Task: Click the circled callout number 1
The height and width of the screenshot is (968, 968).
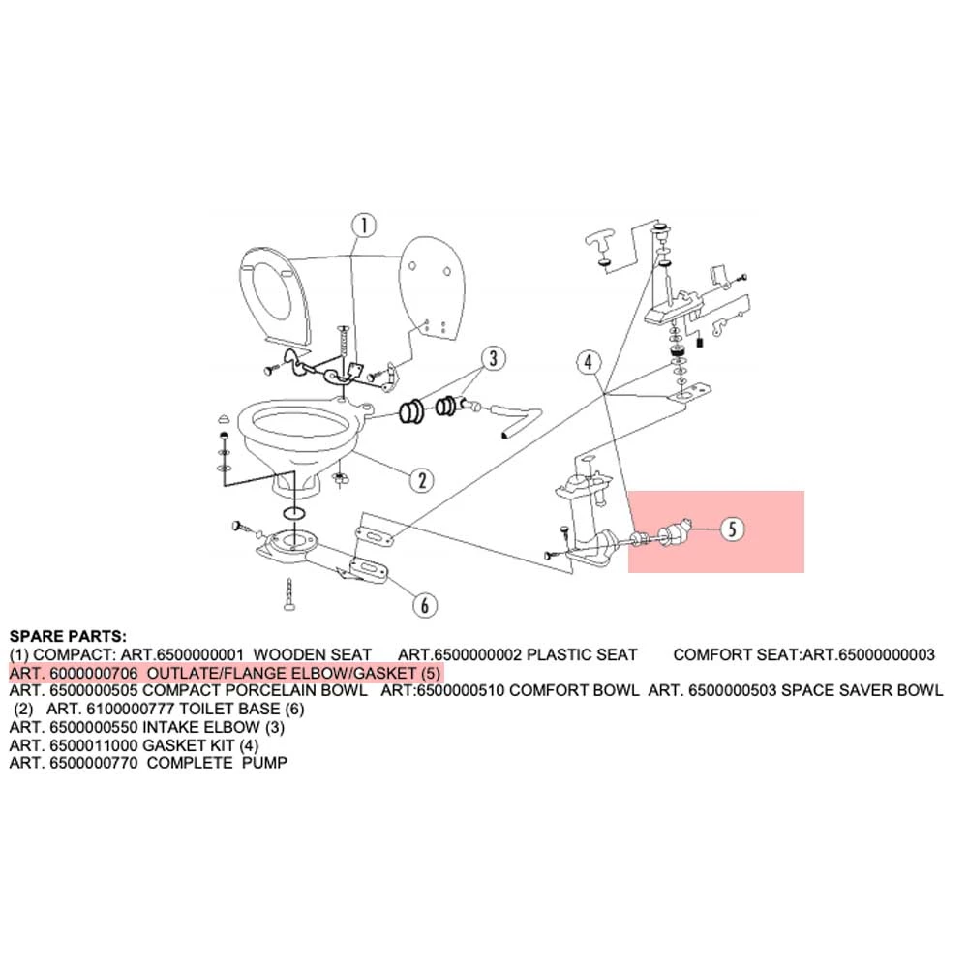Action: click(x=362, y=227)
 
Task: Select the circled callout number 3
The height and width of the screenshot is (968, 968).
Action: click(x=492, y=359)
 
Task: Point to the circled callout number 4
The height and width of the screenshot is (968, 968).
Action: click(x=588, y=364)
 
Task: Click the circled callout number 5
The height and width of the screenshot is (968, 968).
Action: click(x=733, y=529)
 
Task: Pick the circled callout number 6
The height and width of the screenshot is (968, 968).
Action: click(x=423, y=605)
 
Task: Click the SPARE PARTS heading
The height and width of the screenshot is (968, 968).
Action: click(x=67, y=637)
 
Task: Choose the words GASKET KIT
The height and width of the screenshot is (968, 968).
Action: click(x=189, y=745)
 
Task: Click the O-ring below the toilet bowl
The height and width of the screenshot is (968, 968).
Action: click(x=294, y=511)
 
